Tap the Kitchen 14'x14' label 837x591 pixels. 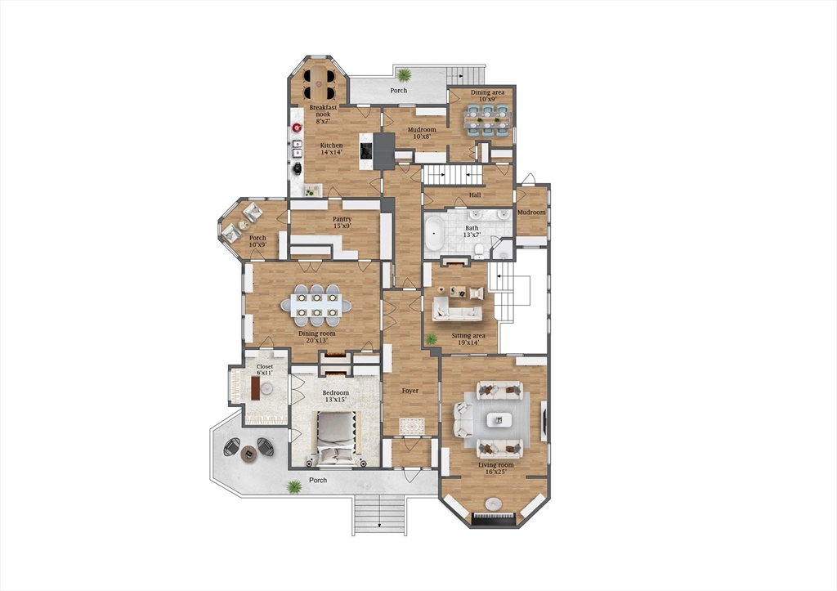tap(331, 150)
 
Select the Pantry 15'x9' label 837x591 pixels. tap(342, 223)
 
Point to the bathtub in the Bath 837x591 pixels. tap(433, 233)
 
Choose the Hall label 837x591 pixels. tap(475, 195)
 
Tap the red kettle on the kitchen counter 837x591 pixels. tap(297, 128)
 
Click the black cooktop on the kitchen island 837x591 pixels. tap(366, 150)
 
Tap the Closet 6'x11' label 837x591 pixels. tap(266, 370)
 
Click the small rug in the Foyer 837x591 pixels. tap(411, 426)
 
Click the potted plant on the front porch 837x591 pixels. tap(294, 487)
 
